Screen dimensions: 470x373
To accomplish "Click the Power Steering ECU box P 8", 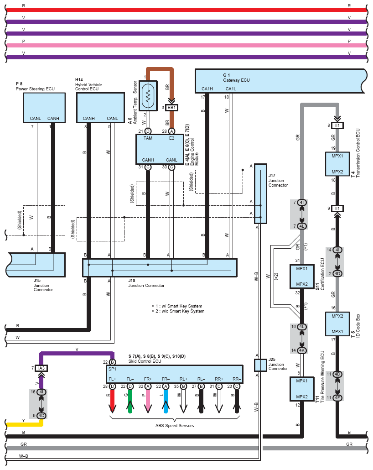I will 43,108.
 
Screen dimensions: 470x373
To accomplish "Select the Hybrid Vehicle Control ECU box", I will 100,108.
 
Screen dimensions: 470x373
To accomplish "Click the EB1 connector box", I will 171,108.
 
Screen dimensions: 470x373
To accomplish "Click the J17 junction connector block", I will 260,194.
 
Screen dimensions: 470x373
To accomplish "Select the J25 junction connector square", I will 260,365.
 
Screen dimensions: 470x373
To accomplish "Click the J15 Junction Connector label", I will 43,286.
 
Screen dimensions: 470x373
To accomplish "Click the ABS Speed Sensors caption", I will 175,426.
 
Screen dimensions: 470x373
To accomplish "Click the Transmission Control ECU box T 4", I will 337,164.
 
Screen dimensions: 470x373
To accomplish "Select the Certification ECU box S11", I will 302,277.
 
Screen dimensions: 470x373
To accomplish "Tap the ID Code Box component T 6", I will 337,324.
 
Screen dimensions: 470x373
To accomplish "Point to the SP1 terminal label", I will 112,368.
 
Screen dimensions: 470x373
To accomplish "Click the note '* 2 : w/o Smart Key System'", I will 178,311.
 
